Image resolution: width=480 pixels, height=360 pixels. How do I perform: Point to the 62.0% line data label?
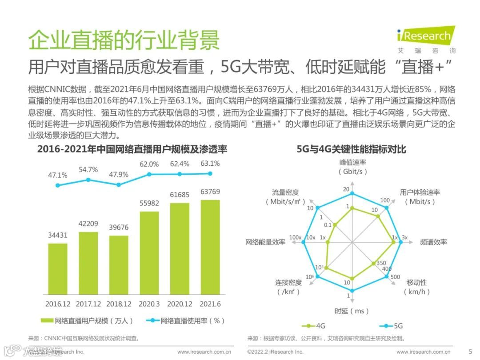[x=149, y=164]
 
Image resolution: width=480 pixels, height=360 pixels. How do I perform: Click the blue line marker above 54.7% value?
[x=88, y=180]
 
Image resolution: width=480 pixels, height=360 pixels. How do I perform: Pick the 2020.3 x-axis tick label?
[x=149, y=304]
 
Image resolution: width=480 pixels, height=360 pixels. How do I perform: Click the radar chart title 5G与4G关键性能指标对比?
[x=351, y=149]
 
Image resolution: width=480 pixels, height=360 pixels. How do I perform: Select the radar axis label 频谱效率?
[x=433, y=242]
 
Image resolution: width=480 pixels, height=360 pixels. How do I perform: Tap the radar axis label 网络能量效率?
[x=265, y=242]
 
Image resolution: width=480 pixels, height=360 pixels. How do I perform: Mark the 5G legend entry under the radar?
[x=391, y=326]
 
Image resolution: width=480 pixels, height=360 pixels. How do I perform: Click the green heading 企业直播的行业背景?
[x=124, y=40]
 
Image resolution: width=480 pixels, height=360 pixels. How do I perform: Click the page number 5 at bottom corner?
[x=470, y=351]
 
